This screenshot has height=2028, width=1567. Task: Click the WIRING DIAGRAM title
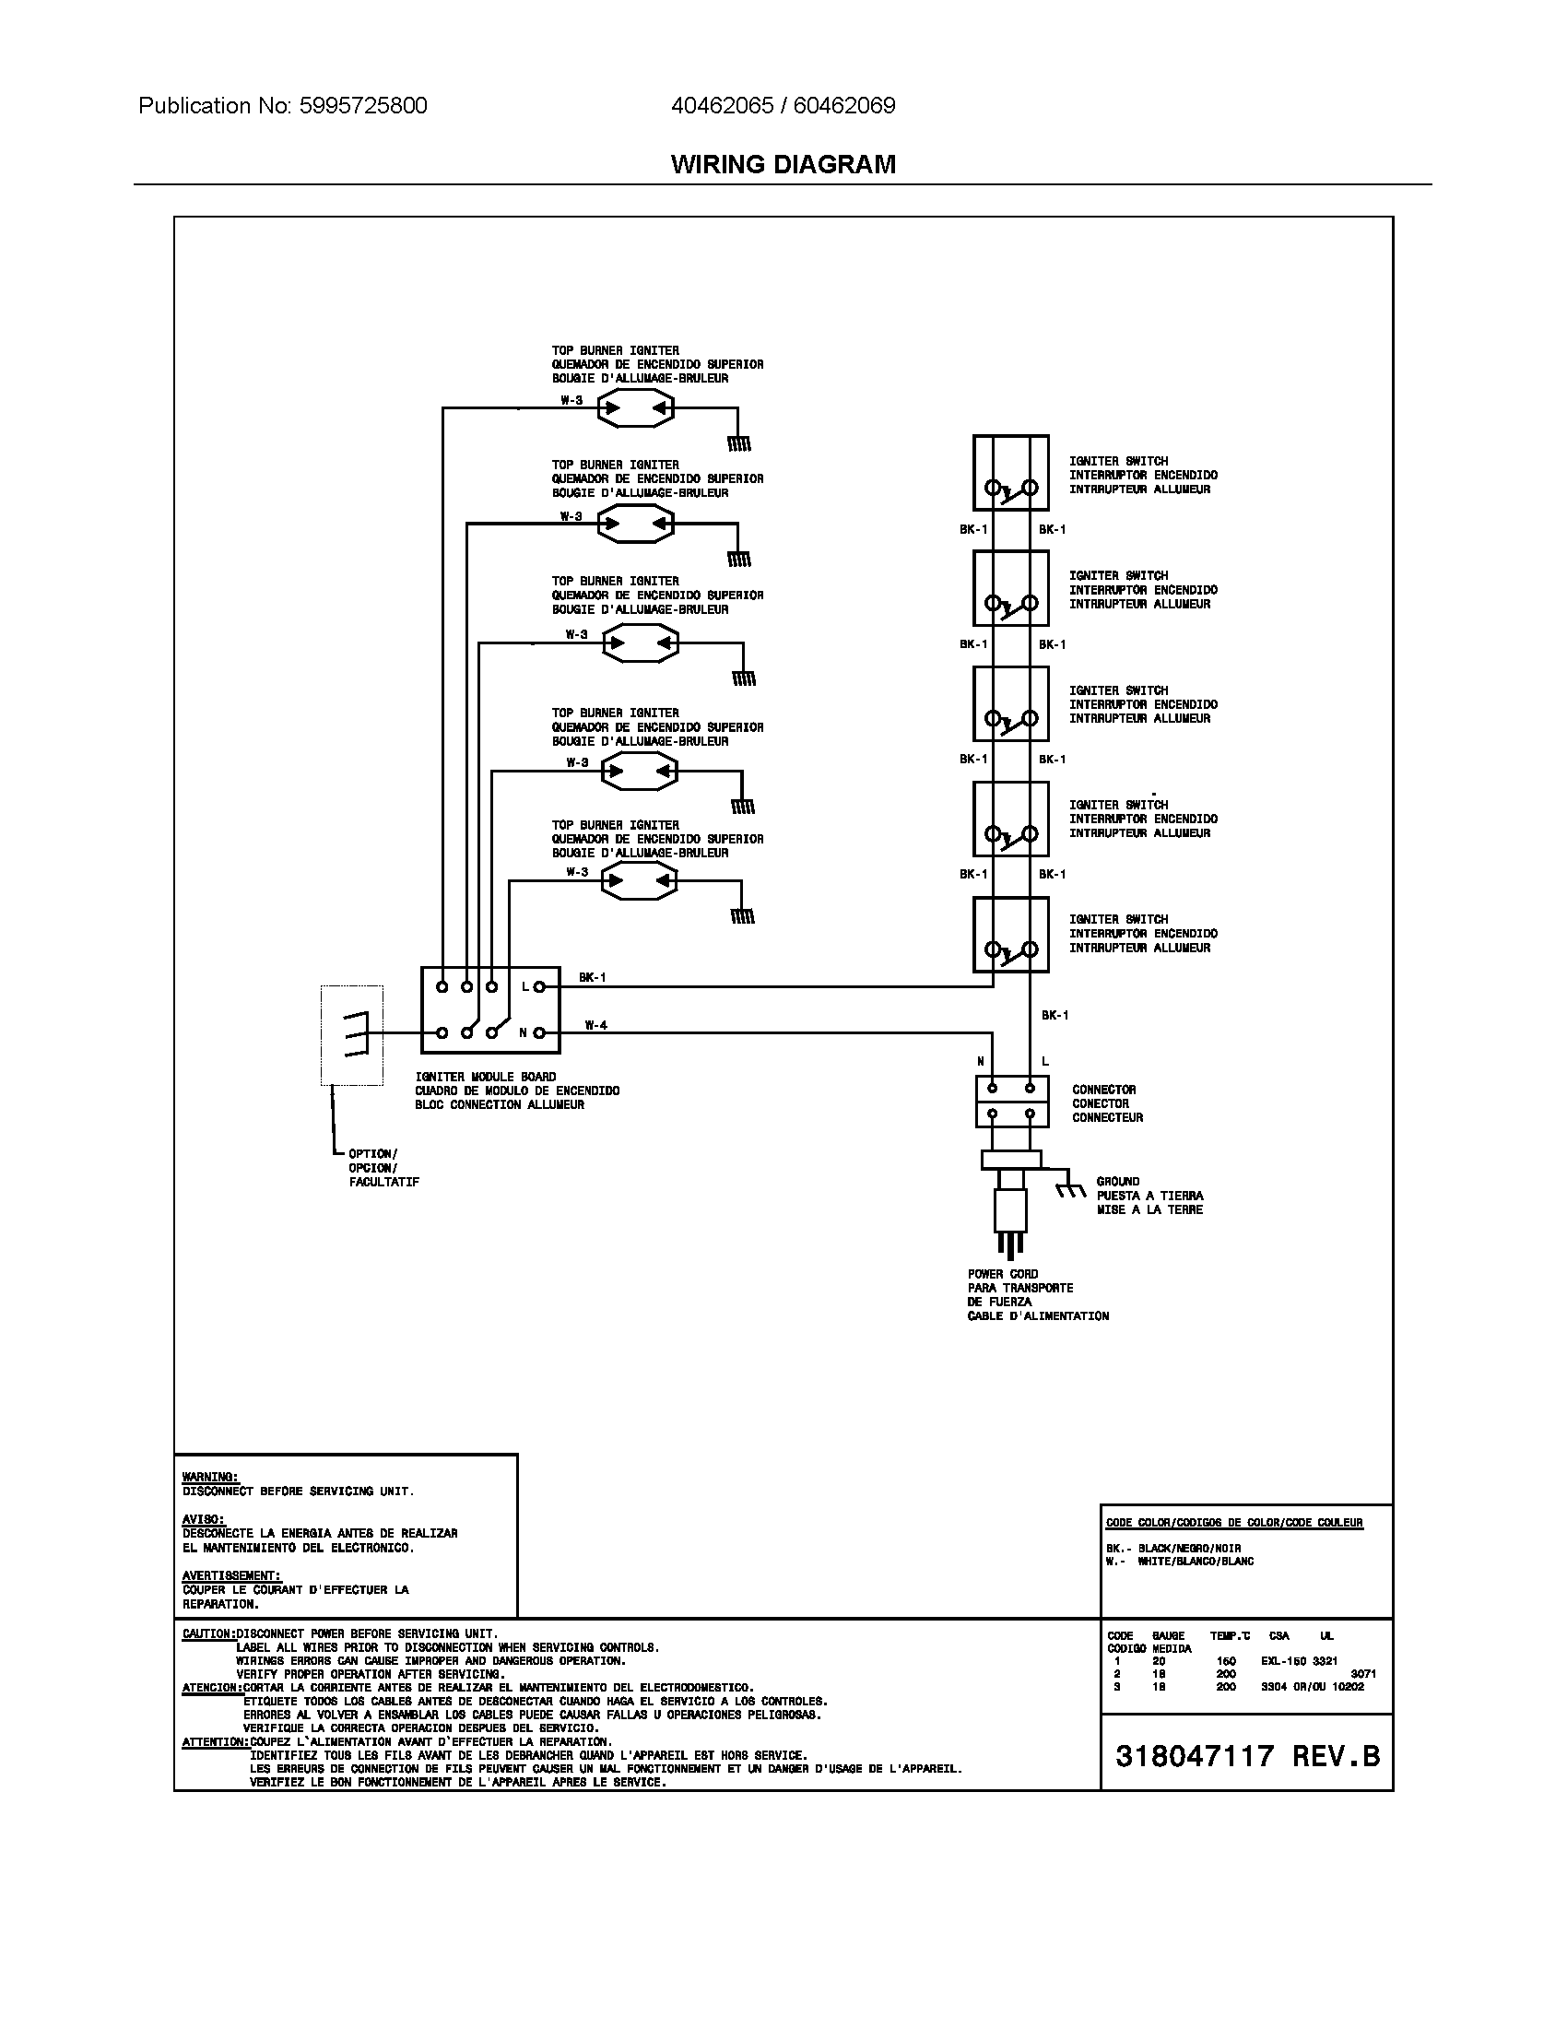coord(783,164)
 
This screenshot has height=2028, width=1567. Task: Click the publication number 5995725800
coord(363,106)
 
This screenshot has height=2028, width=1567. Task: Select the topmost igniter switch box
coord(1010,473)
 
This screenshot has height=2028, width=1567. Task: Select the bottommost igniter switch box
coord(1010,934)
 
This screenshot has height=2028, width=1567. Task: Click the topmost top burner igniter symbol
coord(635,407)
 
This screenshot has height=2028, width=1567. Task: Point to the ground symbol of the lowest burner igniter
coord(742,916)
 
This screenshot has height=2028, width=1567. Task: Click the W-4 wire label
coord(596,1025)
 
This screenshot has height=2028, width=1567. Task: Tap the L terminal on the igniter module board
coord(539,986)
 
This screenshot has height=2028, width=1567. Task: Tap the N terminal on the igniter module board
coord(539,1032)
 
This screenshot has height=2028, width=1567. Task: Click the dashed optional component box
coord(352,1034)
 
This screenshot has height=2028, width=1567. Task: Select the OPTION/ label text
coord(373,1154)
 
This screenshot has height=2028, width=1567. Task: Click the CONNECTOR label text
coord(1103,1090)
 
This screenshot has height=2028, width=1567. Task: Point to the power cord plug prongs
coord(1009,1244)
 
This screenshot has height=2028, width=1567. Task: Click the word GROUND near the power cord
coord(1118,1181)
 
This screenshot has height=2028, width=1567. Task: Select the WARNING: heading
coord(210,1477)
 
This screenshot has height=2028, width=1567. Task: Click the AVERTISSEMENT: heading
coord(231,1575)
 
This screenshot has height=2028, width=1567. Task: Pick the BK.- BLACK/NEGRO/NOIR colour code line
coord(1172,1549)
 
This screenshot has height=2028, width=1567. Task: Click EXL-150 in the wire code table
coord(1283,1660)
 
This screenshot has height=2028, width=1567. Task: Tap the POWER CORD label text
coord(1003,1274)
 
